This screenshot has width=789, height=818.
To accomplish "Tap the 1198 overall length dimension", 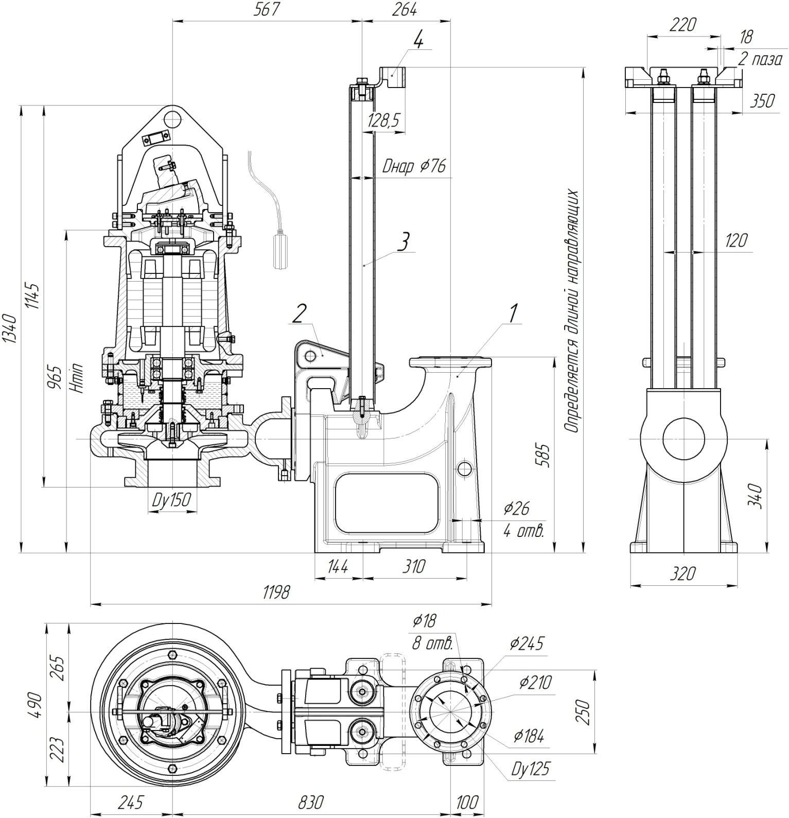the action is (x=276, y=593).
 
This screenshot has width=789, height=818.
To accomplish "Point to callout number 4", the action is (x=418, y=40).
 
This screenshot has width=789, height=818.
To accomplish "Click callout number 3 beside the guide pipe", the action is (x=405, y=241).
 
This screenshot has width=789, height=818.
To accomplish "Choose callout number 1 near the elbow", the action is (x=513, y=314).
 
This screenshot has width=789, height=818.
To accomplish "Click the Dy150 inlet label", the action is (x=171, y=499).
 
